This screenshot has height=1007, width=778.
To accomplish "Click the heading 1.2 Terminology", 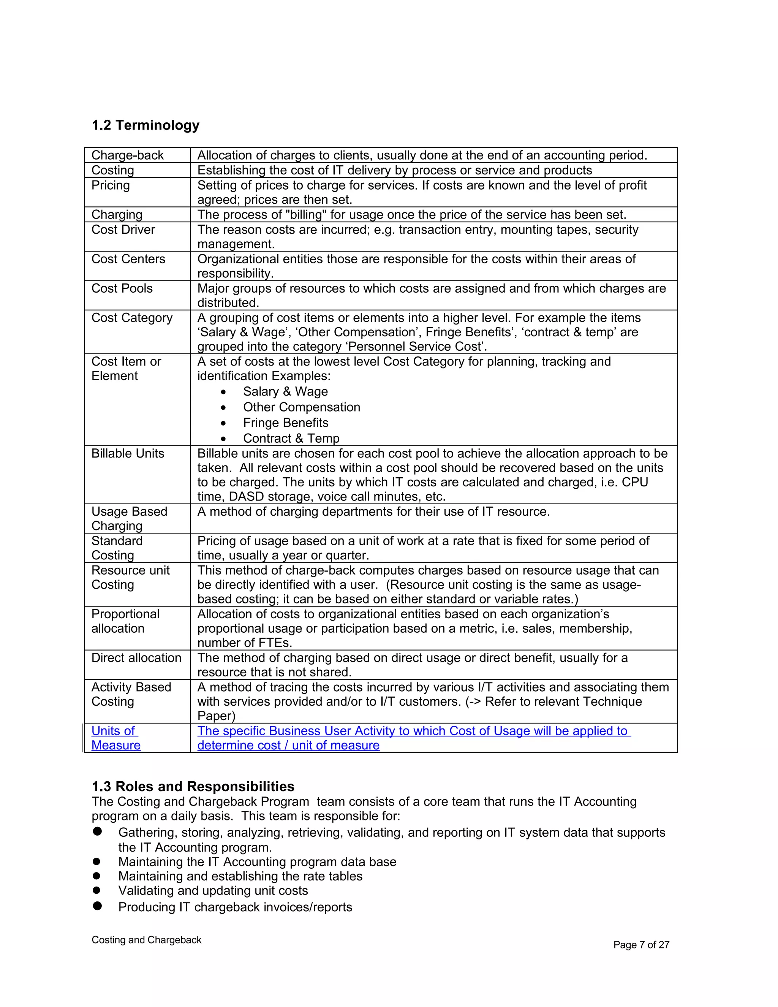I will (x=145, y=125).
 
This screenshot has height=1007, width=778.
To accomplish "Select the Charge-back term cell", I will (x=127, y=155).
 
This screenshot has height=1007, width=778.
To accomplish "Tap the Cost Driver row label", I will (x=123, y=230).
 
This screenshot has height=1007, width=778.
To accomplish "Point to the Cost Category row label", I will (x=132, y=318).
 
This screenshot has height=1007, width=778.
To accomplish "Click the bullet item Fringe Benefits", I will (x=285, y=423).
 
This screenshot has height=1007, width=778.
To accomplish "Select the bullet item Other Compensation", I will (x=301, y=407).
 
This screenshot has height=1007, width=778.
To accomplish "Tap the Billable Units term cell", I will (x=128, y=453).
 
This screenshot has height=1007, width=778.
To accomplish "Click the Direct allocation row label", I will (x=136, y=657).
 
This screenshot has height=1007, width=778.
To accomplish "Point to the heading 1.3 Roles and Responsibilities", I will (x=193, y=786).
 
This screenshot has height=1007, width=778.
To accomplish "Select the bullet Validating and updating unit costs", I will (x=213, y=890).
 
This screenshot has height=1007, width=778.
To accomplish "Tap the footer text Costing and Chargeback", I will (x=146, y=940).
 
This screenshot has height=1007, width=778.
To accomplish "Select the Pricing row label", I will (x=111, y=185).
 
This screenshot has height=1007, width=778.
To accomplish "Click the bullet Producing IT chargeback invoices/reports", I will (x=235, y=907).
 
